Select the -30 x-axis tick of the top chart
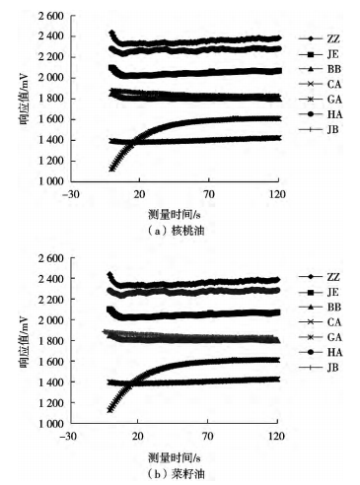click(x=69, y=193)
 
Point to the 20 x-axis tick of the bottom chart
click(x=139, y=435)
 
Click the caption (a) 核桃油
click(x=174, y=228)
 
